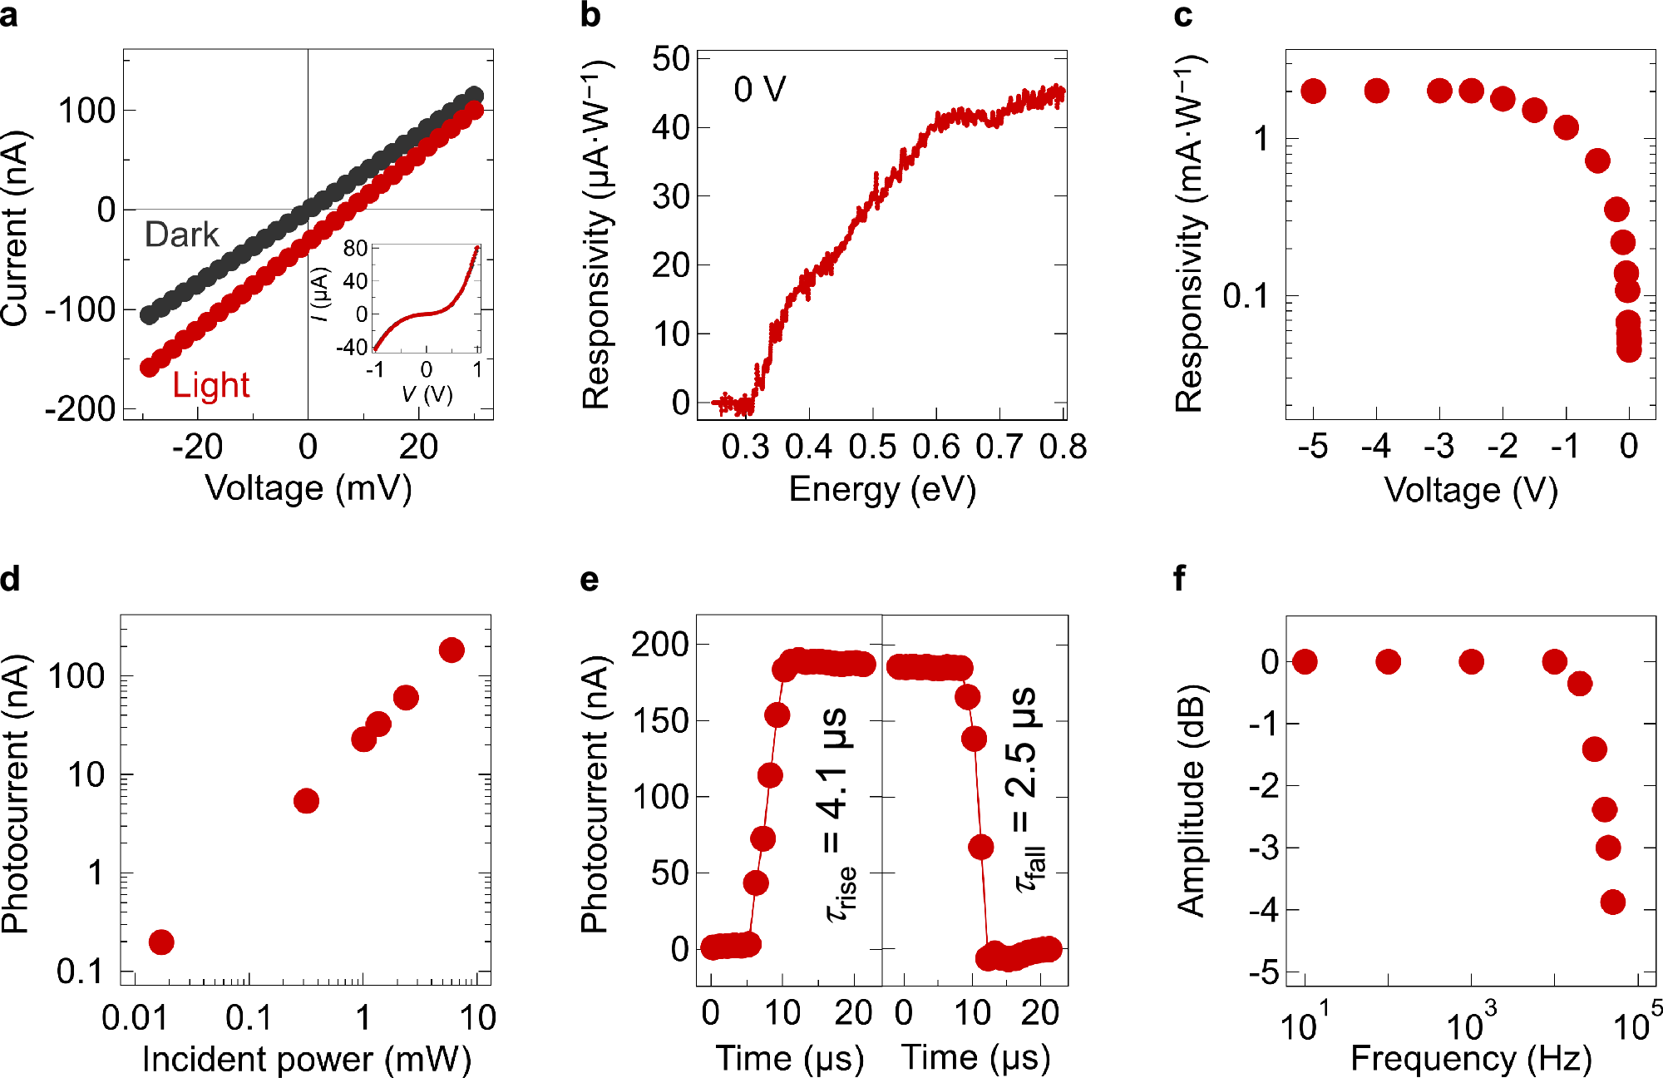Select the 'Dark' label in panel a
tap(181, 235)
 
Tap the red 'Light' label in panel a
tap(210, 385)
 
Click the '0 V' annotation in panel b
tap(759, 90)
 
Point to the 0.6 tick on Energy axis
tap(935, 448)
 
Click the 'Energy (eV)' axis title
tap(881, 489)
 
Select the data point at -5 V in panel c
tap(1313, 91)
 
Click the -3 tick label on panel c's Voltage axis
tap(1438, 448)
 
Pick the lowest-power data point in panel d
tap(161, 942)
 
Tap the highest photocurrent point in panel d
tap(452, 650)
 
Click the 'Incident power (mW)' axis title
tap(306, 1059)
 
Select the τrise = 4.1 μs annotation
tap(839, 815)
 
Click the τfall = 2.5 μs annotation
tap(1027, 790)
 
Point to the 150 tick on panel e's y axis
tap(660, 720)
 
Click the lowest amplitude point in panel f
tap(1612, 902)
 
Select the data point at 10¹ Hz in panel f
tap(1305, 661)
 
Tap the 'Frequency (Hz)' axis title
tap(1470, 1059)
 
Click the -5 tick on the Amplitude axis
tap(1264, 972)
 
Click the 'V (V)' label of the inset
tap(427, 393)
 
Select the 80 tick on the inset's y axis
tap(355, 248)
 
